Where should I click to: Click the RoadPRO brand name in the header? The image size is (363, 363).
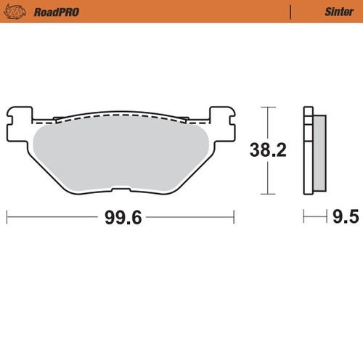click(x=55, y=12)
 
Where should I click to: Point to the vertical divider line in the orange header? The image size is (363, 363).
click(x=290, y=12)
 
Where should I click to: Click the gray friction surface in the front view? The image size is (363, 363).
click(x=120, y=156)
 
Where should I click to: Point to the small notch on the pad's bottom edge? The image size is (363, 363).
click(x=120, y=193)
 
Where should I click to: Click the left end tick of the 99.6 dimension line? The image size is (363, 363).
click(x=7, y=216)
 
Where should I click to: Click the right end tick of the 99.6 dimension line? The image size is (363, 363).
click(x=234, y=216)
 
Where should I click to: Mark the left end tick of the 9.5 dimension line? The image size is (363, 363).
click(x=303, y=216)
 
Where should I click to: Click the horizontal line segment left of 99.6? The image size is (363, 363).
click(x=51, y=216)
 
